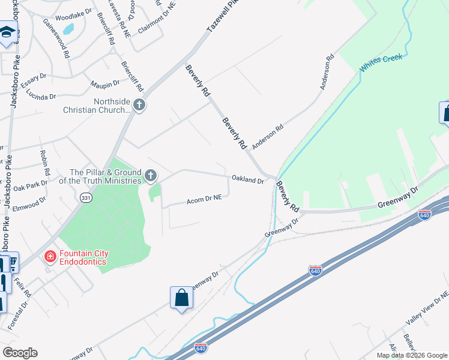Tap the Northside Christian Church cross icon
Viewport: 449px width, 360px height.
[x=139, y=106]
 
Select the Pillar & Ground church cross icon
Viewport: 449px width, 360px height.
[x=151, y=176]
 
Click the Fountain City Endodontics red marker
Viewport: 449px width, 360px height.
[x=50, y=257]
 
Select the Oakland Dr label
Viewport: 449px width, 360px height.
[x=248, y=179]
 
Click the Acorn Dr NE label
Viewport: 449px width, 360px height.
[x=205, y=198]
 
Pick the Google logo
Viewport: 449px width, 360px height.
[x=20, y=352]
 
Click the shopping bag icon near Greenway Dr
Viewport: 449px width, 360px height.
[x=181, y=298]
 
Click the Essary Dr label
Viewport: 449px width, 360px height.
[x=34, y=81]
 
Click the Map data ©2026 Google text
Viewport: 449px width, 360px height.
[x=412, y=355]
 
